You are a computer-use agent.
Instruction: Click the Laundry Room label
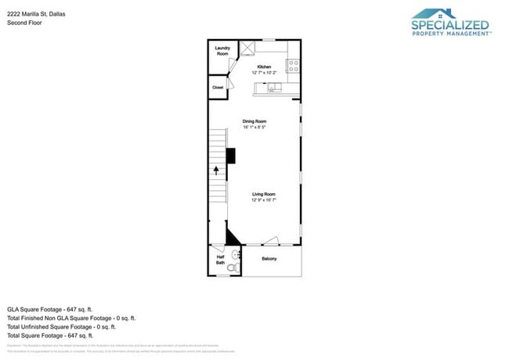pyautogui.click(x=222, y=51)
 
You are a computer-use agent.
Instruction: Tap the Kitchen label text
pyautogui.click(x=264, y=67)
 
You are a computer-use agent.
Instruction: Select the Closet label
pyautogui.click(x=218, y=87)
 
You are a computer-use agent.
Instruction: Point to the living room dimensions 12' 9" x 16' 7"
pyautogui.click(x=264, y=200)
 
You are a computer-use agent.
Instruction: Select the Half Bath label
pyautogui.click(x=220, y=261)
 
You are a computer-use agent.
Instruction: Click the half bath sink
pyautogui.click(x=234, y=254)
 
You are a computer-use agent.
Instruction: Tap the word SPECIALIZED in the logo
pyautogui.click(x=450, y=26)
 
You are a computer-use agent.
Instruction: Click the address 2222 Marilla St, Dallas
pyautogui.click(x=36, y=13)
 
